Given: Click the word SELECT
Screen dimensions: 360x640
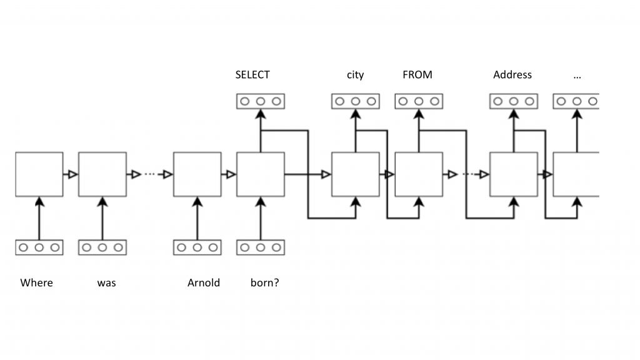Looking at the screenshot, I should coord(252,75).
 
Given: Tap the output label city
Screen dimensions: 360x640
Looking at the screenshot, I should coord(355,75).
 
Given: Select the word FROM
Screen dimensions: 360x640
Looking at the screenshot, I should coord(417,75).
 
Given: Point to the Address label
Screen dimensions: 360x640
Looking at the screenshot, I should coord(512,75).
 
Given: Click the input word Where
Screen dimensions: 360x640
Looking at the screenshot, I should coord(37,282).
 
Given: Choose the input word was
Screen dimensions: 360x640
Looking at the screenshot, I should coord(106,282).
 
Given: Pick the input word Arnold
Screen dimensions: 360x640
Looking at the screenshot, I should coord(204,282).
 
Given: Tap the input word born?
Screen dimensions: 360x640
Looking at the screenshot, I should coord(265,282).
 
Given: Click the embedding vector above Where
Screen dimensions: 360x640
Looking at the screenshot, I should coord(39,247).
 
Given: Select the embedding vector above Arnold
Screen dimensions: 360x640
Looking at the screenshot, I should coord(197,247).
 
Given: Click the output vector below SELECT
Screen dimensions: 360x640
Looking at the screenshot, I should coord(261,101).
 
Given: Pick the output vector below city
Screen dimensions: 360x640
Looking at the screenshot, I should coord(356,101).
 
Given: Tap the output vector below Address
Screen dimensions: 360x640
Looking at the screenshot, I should coord(513,101).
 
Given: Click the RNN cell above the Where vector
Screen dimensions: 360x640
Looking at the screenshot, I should coord(39,174).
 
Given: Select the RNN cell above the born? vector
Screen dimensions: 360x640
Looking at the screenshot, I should coord(261,174).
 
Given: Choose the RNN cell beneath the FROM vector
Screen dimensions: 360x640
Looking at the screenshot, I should coord(419,174).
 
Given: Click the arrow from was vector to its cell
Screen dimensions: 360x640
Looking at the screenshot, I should coord(102,219).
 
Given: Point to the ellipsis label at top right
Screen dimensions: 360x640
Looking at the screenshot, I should coord(576,75).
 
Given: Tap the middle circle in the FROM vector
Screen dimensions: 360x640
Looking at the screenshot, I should coord(419,101).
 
